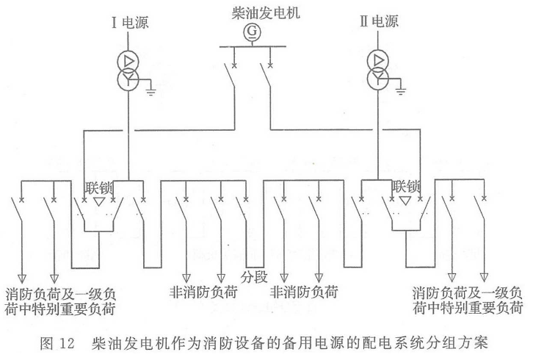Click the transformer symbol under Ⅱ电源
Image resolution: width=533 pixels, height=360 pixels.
coord(379,68)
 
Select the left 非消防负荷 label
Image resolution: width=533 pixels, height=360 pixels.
coord(203,291)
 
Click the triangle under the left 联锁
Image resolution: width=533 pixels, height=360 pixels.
coord(98,201)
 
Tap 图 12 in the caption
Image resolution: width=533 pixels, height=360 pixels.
coord(57,342)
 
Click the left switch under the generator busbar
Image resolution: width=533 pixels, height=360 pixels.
coord(231,82)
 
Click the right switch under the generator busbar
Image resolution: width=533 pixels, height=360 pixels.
coord(267,82)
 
